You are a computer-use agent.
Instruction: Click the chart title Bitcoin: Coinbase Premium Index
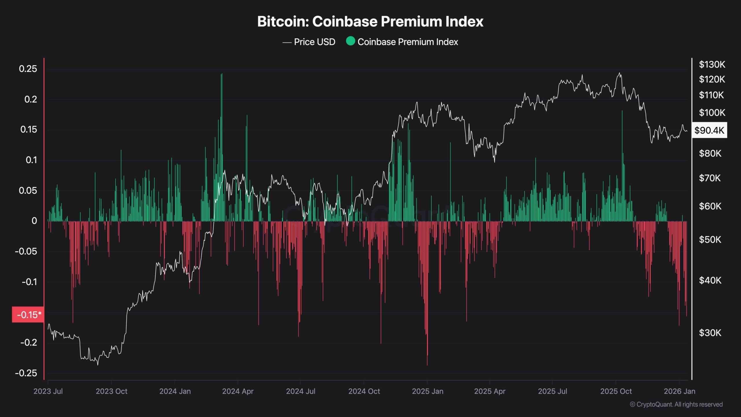click(x=370, y=21)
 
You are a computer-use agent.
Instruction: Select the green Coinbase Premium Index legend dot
click(x=351, y=41)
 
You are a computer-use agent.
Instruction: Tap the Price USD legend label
click(x=314, y=42)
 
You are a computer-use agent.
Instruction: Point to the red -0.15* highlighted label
click(x=28, y=314)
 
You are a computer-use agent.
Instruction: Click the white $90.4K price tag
click(x=709, y=130)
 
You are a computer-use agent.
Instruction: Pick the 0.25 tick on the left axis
click(x=28, y=69)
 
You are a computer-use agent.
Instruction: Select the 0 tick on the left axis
click(x=34, y=221)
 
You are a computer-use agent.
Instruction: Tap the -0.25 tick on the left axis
click(x=26, y=373)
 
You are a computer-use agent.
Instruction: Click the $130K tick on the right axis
click(x=712, y=64)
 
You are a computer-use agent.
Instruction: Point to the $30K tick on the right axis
click(x=710, y=333)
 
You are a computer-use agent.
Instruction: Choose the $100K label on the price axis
click(x=712, y=112)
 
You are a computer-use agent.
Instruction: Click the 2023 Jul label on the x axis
click(x=48, y=391)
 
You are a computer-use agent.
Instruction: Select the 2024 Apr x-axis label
click(x=238, y=391)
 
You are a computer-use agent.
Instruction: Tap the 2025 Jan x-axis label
click(x=428, y=391)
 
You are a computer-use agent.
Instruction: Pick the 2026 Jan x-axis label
click(x=679, y=391)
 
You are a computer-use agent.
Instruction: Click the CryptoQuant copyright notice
click(x=676, y=404)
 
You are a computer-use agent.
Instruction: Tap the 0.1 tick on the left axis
click(x=31, y=160)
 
